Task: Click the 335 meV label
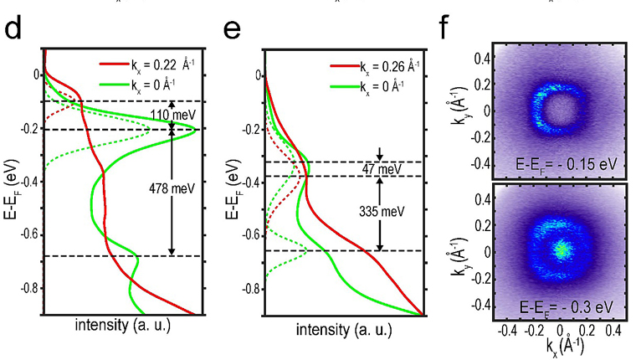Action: click(x=379, y=213)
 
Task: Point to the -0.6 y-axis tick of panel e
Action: click(x=249, y=234)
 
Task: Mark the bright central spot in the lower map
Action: click(x=562, y=249)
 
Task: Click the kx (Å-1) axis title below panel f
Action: click(x=559, y=348)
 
